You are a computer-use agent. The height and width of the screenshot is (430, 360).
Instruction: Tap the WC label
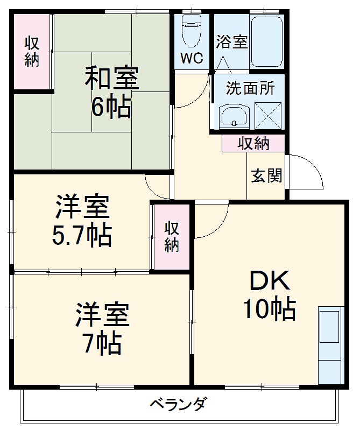point(192,58)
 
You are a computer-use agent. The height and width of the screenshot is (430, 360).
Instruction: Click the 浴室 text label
point(232,42)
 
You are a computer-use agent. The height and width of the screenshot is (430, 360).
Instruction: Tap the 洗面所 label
point(250,88)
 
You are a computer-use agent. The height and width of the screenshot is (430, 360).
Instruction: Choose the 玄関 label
point(266,175)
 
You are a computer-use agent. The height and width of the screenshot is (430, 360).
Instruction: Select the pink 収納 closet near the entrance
point(253,144)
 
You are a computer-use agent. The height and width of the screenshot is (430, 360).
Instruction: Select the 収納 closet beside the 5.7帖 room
point(172,237)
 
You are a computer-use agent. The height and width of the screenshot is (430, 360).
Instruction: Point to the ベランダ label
point(177,404)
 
